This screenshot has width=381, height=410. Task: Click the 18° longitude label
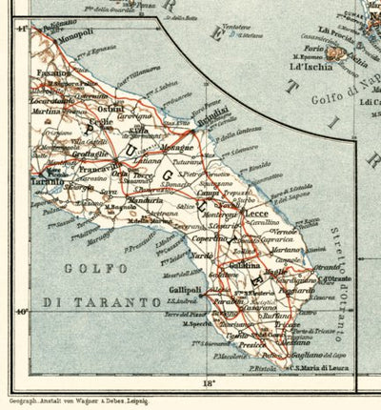tap(209, 383)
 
